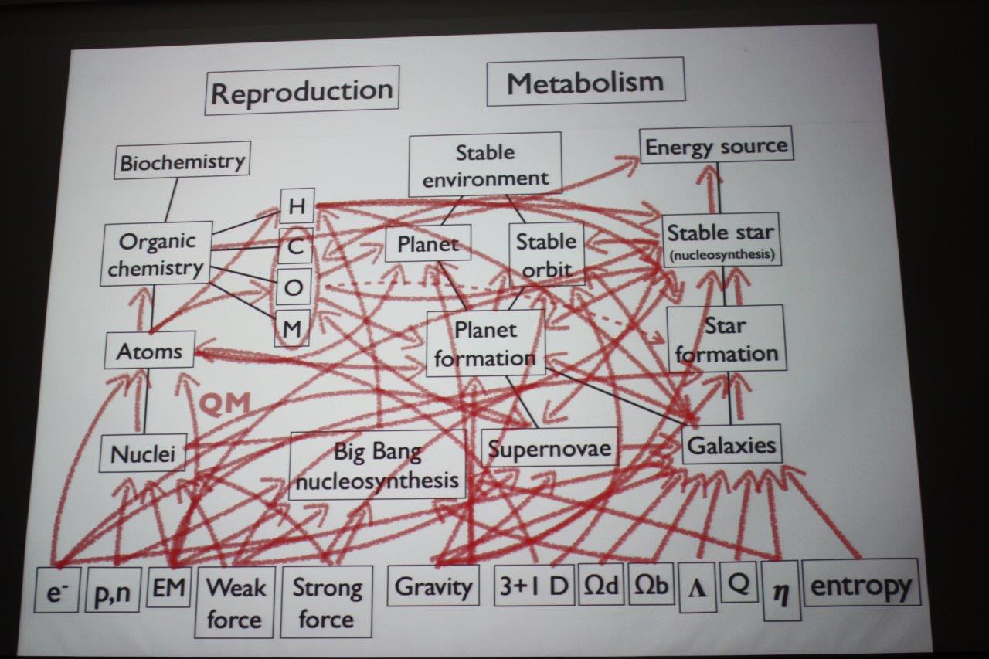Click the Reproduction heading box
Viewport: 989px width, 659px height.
pos(302,91)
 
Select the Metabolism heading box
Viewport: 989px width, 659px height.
pos(585,82)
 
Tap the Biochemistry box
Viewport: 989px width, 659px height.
pos(182,161)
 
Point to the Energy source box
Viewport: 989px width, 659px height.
pos(716,146)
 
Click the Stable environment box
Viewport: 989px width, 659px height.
pos(485,165)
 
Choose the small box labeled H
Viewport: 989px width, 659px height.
pos(296,206)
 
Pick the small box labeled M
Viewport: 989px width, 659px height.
pos(292,329)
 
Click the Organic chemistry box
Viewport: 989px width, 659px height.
pos(157,253)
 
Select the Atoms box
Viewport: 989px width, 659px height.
pos(149,352)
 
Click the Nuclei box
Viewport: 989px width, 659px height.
pos(143,453)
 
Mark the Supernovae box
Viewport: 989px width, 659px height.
pos(549,448)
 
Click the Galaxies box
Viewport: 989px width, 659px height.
pos(731,445)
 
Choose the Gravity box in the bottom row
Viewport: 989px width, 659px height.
pos(433,587)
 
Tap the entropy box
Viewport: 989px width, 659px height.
pos(861,586)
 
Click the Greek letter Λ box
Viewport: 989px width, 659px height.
pos(697,592)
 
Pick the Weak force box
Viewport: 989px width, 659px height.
pos(234,603)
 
